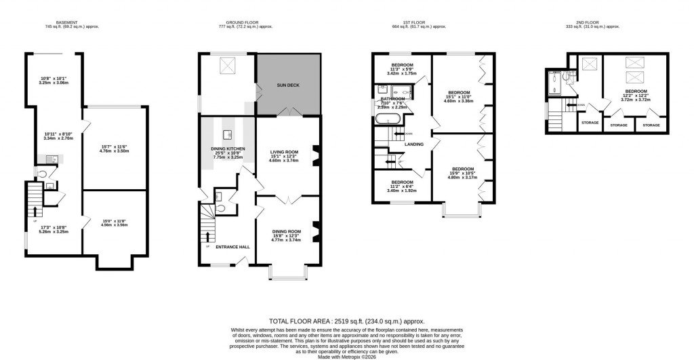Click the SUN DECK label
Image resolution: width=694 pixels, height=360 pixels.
[x=288, y=85]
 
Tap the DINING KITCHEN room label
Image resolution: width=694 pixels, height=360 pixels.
[x=226, y=148]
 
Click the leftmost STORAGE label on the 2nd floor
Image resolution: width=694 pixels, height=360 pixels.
[x=589, y=123]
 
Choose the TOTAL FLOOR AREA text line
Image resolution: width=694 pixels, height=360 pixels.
[x=346, y=321]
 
